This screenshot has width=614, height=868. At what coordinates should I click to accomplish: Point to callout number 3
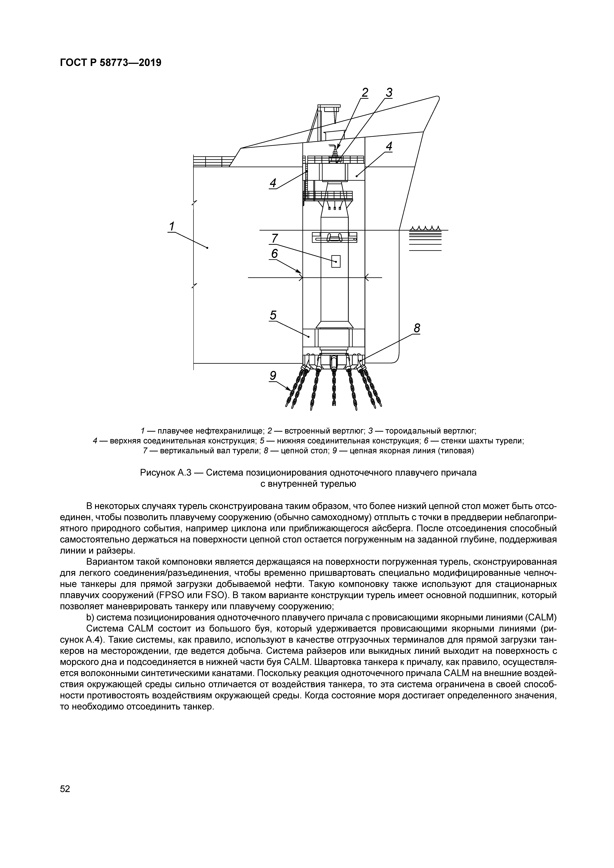[x=389, y=93]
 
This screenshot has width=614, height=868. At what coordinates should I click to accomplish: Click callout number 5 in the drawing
[x=273, y=315]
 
